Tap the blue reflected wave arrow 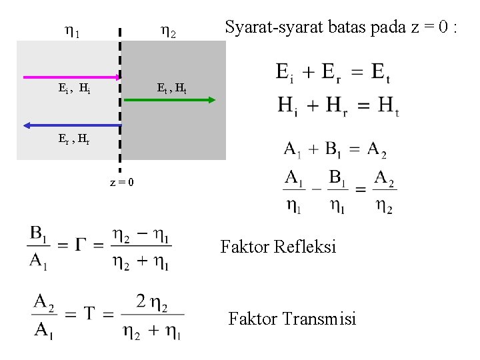pyautogui.click(x=70, y=125)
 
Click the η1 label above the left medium pyautogui.click(x=71, y=31)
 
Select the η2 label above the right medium pyautogui.click(x=168, y=31)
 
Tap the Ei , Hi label pyautogui.click(x=75, y=87)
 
